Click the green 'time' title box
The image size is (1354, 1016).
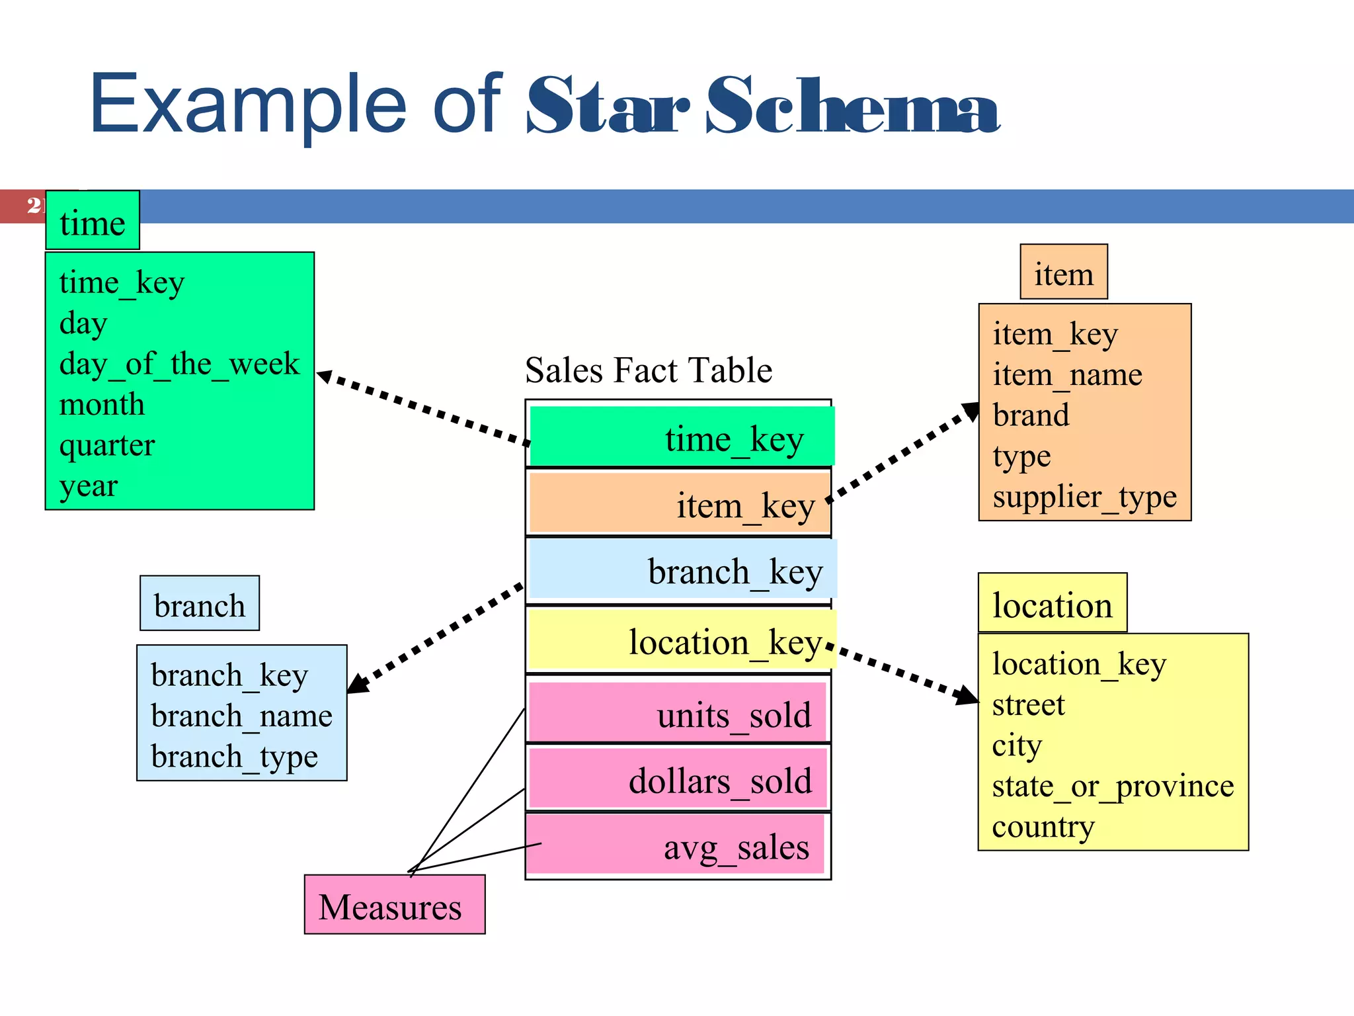click(x=93, y=221)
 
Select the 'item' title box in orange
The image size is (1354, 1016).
click(x=1063, y=273)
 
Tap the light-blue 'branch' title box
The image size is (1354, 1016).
click(x=200, y=604)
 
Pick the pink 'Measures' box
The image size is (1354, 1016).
click(x=394, y=905)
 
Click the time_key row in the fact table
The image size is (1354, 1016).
click(x=681, y=437)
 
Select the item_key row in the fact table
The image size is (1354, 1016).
click(x=679, y=504)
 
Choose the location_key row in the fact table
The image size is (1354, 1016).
click(x=681, y=640)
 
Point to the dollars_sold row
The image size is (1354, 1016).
click(x=678, y=779)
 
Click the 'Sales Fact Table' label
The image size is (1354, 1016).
click(x=648, y=370)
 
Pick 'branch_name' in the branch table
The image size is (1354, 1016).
click(x=241, y=716)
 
